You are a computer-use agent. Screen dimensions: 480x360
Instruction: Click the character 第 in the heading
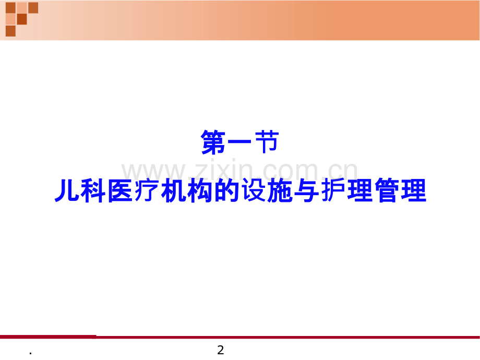click(x=214, y=142)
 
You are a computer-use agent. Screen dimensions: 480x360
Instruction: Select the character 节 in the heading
click(x=266, y=142)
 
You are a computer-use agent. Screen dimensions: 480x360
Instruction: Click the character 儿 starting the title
click(x=67, y=190)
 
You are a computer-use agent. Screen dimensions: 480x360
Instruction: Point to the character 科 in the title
click(x=94, y=190)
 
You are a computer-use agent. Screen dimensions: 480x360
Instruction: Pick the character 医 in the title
click(x=121, y=190)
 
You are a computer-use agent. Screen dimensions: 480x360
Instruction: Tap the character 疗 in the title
click(x=147, y=190)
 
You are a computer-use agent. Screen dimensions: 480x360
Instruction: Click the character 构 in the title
click(x=200, y=190)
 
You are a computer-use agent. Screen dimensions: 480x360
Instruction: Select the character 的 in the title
click(x=227, y=190)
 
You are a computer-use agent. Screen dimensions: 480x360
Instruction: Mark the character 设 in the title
click(x=254, y=190)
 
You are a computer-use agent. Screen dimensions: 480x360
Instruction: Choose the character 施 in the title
click(x=280, y=190)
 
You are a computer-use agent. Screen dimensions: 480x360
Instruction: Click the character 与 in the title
click(x=307, y=190)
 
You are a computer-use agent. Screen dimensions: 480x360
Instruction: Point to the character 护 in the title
click(x=333, y=190)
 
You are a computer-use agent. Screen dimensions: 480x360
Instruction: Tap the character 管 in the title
click(x=387, y=190)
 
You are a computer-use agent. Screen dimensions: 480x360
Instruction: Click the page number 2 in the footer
click(x=220, y=350)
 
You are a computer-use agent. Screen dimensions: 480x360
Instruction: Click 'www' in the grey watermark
click(x=154, y=172)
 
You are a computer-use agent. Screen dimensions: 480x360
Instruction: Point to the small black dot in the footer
click(x=30, y=354)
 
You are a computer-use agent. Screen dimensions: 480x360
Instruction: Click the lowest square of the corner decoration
click(x=11, y=31)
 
